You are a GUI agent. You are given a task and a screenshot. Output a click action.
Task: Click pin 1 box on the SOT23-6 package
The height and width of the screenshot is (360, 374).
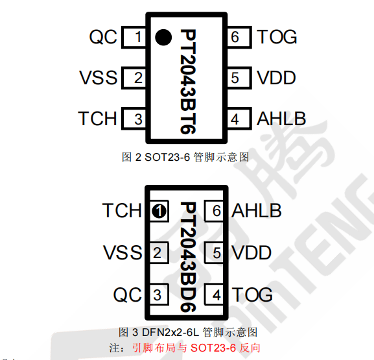(x=134, y=37)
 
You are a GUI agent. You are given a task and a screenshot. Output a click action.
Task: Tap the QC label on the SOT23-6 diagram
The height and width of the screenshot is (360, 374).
(x=103, y=37)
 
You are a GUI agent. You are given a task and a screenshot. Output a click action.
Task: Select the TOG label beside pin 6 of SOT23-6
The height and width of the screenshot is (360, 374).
(x=277, y=37)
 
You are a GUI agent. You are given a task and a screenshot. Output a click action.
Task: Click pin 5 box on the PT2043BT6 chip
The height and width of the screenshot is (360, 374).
(x=239, y=78)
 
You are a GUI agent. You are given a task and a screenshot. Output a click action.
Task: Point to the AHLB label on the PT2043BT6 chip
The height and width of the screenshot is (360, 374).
(x=281, y=119)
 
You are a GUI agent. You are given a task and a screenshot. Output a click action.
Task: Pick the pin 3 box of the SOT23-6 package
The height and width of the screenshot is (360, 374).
(x=134, y=119)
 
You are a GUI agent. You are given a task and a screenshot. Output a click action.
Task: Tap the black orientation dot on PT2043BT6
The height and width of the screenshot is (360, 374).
(x=163, y=37)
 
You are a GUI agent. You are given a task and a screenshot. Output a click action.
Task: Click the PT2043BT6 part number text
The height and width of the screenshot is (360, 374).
(x=188, y=82)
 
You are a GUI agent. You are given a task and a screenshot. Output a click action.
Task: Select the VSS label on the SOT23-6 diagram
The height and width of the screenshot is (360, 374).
(x=99, y=78)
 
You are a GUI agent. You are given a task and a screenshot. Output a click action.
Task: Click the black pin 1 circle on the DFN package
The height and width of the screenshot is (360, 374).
(x=159, y=211)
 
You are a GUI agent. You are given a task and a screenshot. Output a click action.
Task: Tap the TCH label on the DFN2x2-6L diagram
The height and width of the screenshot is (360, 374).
(x=122, y=211)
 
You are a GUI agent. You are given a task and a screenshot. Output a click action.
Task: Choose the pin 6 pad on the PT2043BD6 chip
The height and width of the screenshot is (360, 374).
(x=214, y=211)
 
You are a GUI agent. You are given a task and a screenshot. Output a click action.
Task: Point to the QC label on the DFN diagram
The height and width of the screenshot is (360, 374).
(x=128, y=295)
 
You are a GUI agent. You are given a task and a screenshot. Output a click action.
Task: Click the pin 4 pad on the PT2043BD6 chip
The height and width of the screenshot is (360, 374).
(x=214, y=295)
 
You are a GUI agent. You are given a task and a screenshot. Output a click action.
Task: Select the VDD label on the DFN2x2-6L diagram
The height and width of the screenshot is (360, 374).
(x=251, y=252)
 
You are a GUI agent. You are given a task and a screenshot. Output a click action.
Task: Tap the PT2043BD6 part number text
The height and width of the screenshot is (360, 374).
(x=188, y=257)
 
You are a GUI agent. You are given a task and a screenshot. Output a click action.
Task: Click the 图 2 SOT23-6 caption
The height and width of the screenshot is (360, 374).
(x=185, y=157)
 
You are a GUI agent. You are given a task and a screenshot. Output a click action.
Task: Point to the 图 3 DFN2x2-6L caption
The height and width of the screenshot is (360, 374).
(x=188, y=332)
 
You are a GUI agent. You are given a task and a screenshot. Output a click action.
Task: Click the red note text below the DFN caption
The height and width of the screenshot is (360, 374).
(x=196, y=348)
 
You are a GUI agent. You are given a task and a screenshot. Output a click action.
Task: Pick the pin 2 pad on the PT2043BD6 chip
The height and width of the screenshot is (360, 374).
(x=159, y=253)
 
